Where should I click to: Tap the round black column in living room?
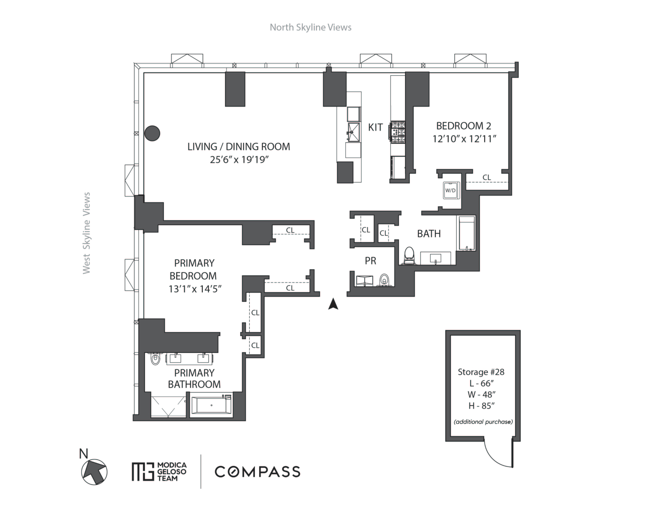tap(152, 133)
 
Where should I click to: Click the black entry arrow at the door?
tap(333, 304)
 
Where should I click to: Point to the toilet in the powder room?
tap(384, 281)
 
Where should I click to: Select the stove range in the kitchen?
tap(397, 132)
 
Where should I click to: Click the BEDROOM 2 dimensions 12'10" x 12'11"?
tap(464, 139)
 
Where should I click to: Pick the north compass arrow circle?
tap(94, 472)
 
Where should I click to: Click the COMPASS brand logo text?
tap(257, 472)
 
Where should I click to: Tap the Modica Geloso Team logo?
tap(159, 472)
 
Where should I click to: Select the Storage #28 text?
tap(481, 372)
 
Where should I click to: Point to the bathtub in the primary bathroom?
tap(212, 405)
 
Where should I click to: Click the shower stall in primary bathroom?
tap(168, 406)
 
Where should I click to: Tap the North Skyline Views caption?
tap(310, 27)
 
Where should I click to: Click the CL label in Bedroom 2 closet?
tap(487, 177)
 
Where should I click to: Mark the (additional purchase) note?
tap(483, 422)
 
